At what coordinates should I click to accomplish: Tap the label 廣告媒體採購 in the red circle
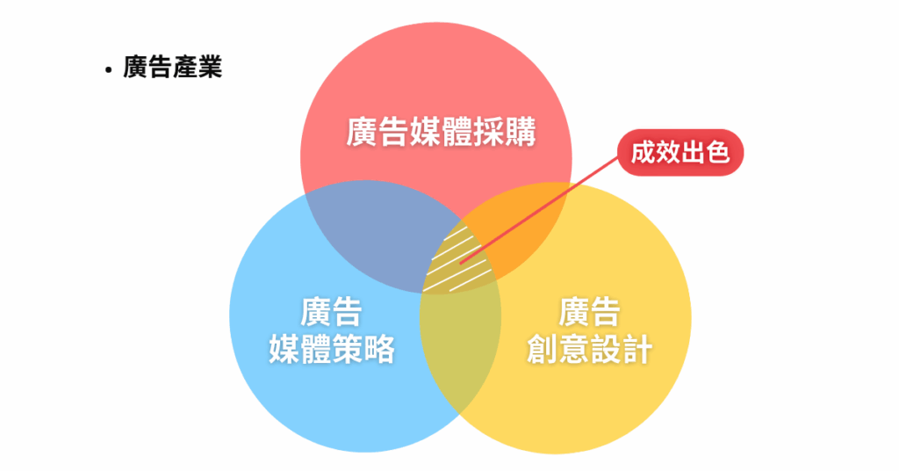441,133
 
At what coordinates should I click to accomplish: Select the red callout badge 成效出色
680,154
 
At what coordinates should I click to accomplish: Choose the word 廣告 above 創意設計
589,313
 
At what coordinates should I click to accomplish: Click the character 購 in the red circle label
520,133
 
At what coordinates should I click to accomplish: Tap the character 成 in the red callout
644,154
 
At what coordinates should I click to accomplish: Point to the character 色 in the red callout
717,154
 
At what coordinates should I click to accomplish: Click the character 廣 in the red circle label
362,133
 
